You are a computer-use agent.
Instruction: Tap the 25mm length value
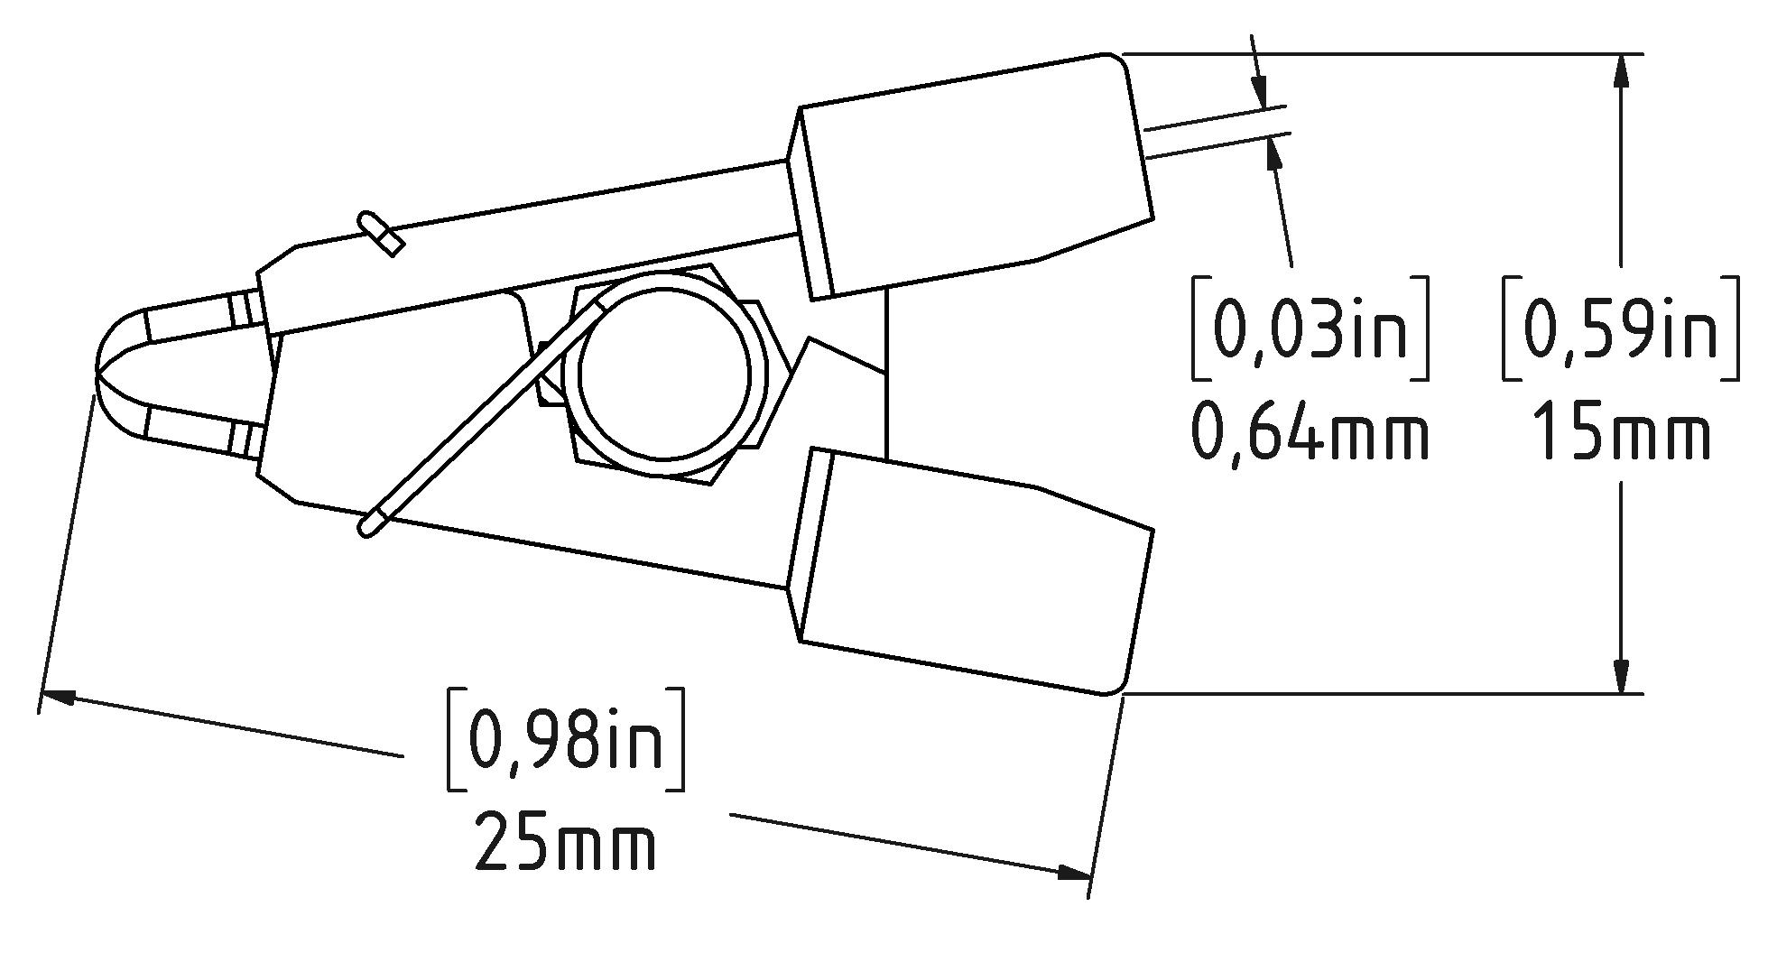point(565,842)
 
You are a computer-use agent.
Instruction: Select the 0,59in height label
point(1621,328)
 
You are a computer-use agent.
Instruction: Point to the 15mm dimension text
point(1621,431)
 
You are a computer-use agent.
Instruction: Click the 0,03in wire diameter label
point(1310,328)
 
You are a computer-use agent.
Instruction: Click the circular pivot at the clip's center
point(664,375)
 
